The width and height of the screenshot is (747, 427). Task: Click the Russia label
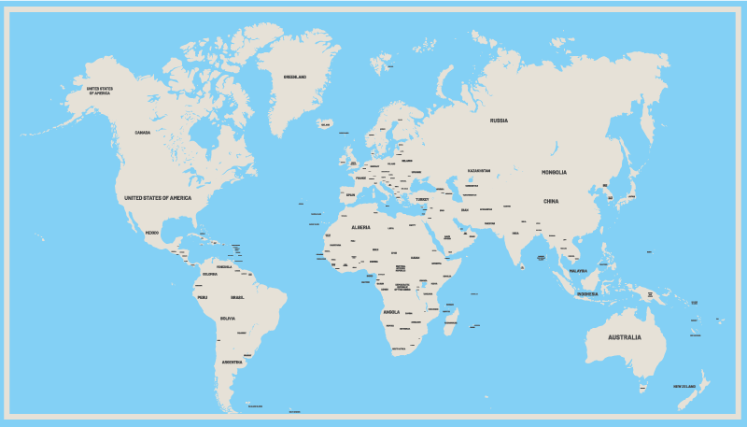tap(499, 121)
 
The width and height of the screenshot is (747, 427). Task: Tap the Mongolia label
tap(554, 172)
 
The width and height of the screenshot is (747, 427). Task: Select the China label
tap(551, 201)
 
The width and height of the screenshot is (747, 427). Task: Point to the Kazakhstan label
tap(479, 171)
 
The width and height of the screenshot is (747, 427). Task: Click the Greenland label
tap(295, 77)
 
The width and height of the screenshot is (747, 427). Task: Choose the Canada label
tap(142, 133)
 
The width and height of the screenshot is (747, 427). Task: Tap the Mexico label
tap(151, 232)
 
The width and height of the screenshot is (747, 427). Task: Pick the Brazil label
tap(237, 297)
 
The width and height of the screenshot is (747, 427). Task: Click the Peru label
tap(202, 297)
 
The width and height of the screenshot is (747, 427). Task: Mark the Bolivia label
tap(227, 319)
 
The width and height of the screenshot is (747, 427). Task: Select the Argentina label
tap(232, 362)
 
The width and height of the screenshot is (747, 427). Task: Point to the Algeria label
tap(360, 227)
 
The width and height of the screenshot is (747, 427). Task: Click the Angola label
tap(391, 312)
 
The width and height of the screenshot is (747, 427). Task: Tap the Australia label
tap(625, 337)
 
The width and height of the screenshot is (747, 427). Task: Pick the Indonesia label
tap(586, 294)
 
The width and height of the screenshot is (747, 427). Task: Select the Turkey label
tap(422, 199)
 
